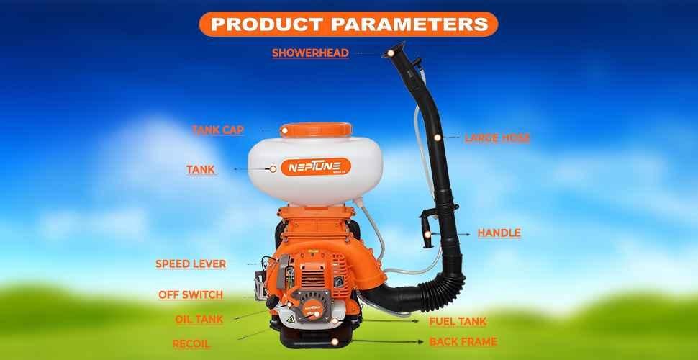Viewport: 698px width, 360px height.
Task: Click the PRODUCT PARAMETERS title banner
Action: tap(348, 23)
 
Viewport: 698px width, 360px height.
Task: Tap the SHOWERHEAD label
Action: tap(310, 53)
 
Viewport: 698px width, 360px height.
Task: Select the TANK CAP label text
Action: tap(218, 130)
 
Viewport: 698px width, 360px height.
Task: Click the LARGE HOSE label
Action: tap(497, 138)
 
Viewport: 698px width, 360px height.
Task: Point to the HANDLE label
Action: tap(499, 233)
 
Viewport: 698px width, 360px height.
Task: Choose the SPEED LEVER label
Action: tap(191, 264)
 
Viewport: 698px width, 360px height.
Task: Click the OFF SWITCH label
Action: tap(191, 295)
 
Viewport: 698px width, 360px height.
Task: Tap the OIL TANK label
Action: tap(199, 320)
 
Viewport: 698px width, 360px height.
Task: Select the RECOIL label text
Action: tap(191, 344)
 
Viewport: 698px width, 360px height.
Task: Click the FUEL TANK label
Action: tap(458, 322)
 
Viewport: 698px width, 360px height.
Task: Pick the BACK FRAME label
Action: tap(463, 341)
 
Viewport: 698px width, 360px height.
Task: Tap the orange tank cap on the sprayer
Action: tap(317, 130)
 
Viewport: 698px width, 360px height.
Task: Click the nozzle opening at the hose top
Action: tap(391, 53)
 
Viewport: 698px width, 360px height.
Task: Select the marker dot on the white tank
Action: tap(273, 168)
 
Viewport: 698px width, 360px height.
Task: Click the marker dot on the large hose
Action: tap(437, 136)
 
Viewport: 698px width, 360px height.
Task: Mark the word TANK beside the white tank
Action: tap(201, 170)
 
